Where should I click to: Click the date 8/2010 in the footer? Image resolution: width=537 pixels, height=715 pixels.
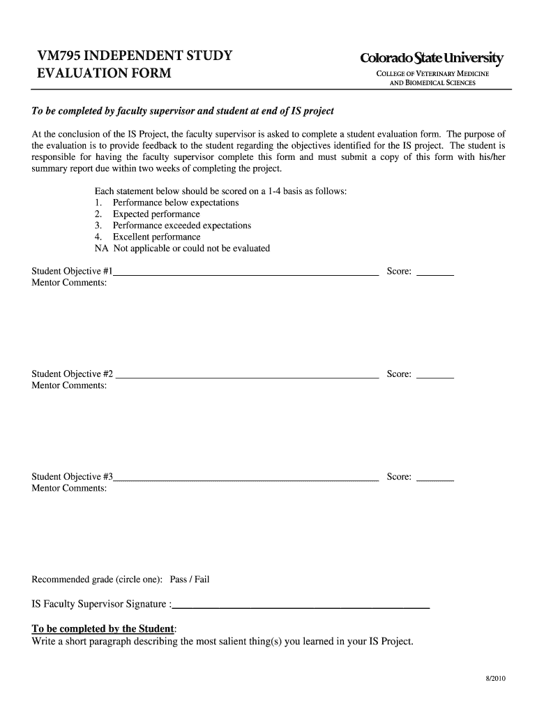pos(494,679)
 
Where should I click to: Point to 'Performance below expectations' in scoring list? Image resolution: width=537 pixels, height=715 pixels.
pos(175,202)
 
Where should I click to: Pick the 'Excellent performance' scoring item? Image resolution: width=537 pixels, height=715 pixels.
pos(156,237)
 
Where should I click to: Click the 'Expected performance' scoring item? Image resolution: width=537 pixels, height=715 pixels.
pos(156,214)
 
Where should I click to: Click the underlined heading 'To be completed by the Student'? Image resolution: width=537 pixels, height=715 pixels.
pos(103,628)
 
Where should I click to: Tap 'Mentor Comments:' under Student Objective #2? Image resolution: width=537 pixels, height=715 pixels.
pos(69,385)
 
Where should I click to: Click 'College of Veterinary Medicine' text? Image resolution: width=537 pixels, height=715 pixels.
pos(432,74)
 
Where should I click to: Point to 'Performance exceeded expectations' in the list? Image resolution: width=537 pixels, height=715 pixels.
pos(181,226)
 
